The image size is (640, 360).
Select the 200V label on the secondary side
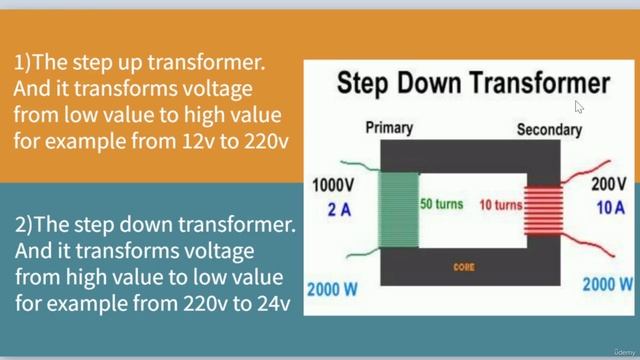(607, 185)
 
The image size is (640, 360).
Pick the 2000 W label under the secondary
(607, 284)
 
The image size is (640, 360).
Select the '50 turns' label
(441, 204)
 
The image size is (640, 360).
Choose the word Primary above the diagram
(389, 128)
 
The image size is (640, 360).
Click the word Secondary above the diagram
(549, 130)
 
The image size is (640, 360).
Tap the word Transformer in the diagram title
(540, 83)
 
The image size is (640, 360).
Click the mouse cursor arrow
(579, 106)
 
